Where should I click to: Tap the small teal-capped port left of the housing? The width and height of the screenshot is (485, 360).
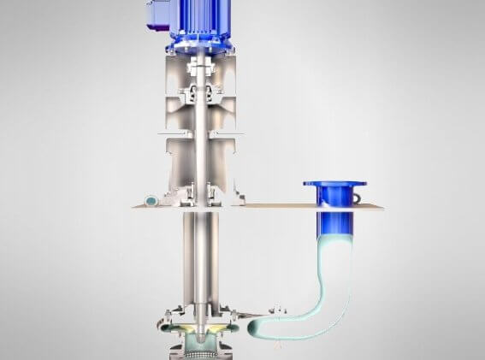[151, 200]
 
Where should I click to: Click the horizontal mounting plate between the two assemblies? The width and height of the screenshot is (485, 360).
[282, 207]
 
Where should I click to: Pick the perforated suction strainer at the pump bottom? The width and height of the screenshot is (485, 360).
[198, 346]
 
